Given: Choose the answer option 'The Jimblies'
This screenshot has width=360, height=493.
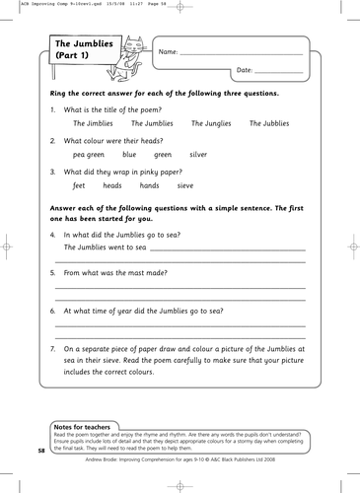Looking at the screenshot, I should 94,124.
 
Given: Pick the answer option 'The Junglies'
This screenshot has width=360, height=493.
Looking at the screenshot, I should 210,124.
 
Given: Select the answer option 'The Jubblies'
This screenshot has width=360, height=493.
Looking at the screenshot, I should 269,124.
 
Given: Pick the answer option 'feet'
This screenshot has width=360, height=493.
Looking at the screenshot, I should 80,185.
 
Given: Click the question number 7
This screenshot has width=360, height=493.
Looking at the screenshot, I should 52,349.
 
